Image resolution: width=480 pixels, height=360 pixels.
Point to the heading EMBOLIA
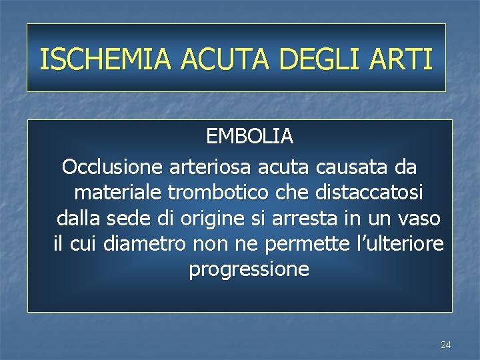pos(249,137)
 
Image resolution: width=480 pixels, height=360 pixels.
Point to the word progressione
pos(249,270)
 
